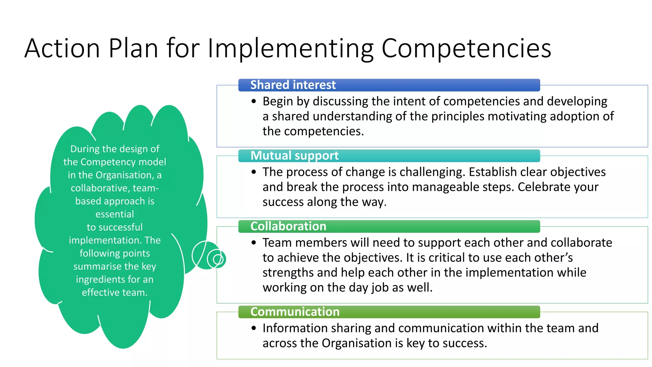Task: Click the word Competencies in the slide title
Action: pos(466,48)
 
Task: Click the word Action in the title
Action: pos(62,48)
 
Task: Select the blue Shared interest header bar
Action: pos(389,85)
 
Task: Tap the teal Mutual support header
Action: pos(389,156)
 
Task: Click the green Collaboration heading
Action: pos(389,227)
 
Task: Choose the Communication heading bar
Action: pos(389,312)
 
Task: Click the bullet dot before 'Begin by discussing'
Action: pos(253,102)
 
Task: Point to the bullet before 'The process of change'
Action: pos(253,172)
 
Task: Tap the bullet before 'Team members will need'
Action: pos(253,243)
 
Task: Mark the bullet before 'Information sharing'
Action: pos(253,328)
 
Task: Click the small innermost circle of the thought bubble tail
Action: pos(218,259)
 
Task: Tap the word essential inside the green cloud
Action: pos(115,214)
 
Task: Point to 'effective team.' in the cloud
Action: pos(115,292)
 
